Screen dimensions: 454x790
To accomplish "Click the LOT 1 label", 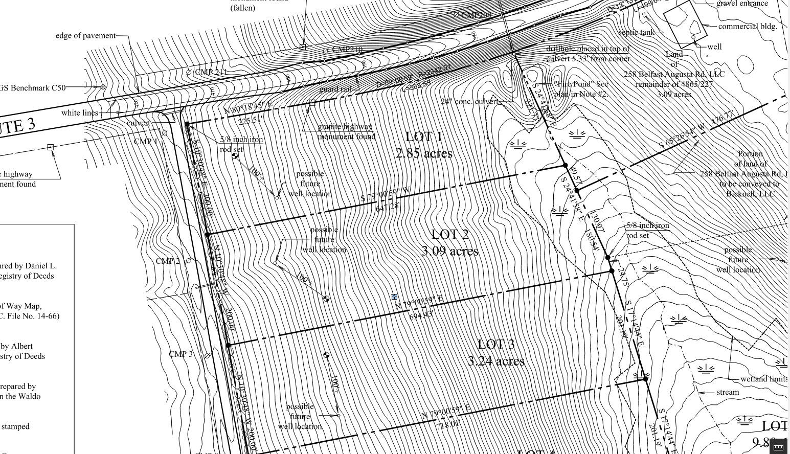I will click(423, 137).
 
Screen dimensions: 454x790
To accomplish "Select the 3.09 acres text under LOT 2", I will click(450, 251).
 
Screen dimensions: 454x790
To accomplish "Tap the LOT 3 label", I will click(495, 345).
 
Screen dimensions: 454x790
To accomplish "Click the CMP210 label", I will click(347, 50).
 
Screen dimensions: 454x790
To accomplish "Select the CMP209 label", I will click(476, 15).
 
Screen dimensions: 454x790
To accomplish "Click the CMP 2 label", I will click(168, 261).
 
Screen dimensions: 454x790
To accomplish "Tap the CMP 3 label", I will click(180, 354).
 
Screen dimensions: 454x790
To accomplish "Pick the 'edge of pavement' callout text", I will click(85, 36).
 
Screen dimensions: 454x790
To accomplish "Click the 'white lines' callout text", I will click(79, 113).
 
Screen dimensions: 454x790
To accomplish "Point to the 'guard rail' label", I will click(335, 89).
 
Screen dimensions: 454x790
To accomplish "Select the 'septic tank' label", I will click(636, 33).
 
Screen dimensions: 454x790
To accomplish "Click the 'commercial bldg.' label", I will click(748, 27).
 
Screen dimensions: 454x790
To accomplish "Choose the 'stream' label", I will click(727, 392).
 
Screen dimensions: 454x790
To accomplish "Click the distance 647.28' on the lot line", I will click(388, 207).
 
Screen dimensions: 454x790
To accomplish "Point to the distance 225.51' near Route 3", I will click(250, 121).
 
